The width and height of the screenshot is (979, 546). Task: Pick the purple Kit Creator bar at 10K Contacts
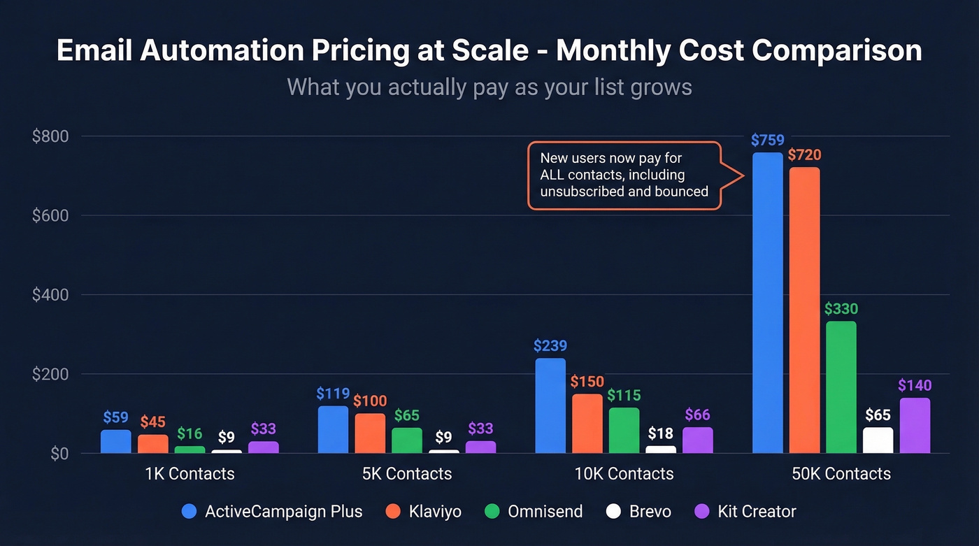pyautogui.click(x=697, y=440)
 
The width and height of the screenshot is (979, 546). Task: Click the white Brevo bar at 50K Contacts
pyautogui.click(x=878, y=440)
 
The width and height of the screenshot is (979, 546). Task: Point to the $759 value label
pyautogui.click(x=767, y=140)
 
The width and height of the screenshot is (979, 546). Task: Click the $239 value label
pyautogui.click(x=550, y=346)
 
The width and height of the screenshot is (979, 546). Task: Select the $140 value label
pyautogui.click(x=914, y=385)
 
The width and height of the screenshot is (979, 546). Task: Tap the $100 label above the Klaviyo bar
pyautogui.click(x=369, y=401)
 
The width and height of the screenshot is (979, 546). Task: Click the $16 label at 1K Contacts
pyautogui.click(x=190, y=433)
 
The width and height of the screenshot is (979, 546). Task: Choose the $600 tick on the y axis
pyautogui.click(x=50, y=215)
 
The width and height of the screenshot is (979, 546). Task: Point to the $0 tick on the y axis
pyautogui.click(x=59, y=454)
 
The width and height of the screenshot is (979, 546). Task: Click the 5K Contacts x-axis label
pyautogui.click(x=406, y=474)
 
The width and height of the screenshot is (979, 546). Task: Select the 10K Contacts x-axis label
pyautogui.click(x=624, y=474)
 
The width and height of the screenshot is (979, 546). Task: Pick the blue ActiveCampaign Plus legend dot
pyautogui.click(x=189, y=512)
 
